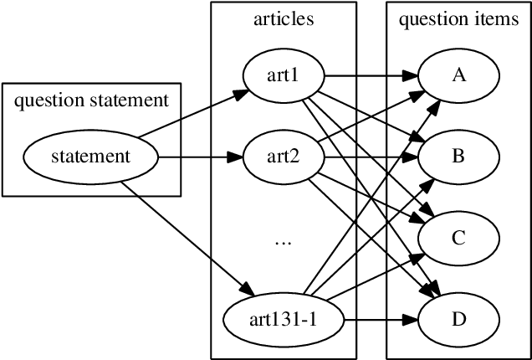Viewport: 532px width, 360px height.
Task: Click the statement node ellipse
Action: tap(90, 157)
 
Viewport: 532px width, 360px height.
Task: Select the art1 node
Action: tap(283, 75)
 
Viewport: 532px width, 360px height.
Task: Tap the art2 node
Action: tap(283, 157)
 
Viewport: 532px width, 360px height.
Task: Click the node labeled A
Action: tap(458, 75)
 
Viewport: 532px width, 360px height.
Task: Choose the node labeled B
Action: tap(458, 157)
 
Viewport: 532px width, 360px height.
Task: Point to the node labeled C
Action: tap(458, 238)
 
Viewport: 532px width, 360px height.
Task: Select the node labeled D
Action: tap(458, 319)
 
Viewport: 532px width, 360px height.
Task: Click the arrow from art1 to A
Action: tap(368, 75)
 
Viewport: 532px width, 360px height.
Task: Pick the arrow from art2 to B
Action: tap(368, 157)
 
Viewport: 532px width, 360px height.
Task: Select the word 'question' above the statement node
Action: tap(46, 101)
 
